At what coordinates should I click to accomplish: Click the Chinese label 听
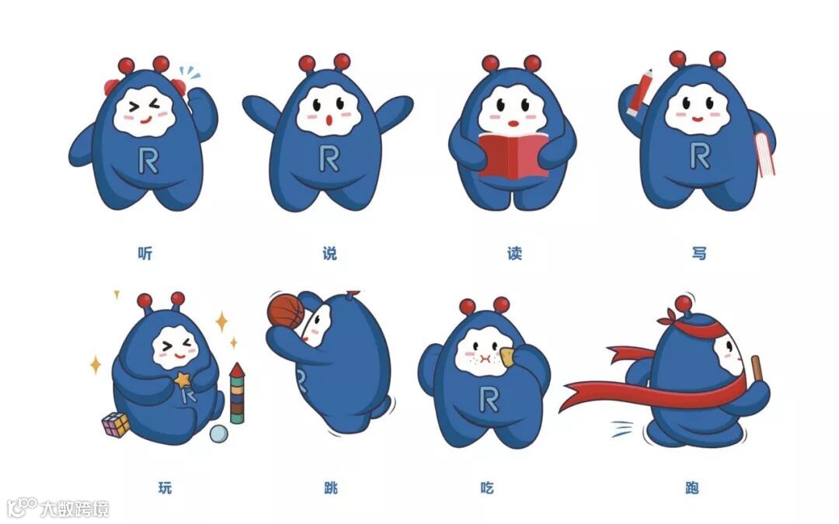tap(145, 253)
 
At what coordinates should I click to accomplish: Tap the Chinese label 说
tap(329, 253)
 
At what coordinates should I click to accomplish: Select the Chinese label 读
tap(515, 253)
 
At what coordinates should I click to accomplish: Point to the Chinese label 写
tap(699, 253)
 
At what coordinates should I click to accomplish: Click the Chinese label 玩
tap(165, 488)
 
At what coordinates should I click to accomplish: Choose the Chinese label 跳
tap(331, 488)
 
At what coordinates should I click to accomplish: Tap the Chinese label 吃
tap(487, 488)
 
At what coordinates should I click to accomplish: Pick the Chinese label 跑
tap(692, 488)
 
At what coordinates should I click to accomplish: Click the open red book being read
tap(513, 155)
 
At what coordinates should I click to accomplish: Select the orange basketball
tap(285, 310)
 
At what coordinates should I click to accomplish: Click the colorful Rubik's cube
tap(116, 424)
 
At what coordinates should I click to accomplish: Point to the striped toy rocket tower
tap(237, 393)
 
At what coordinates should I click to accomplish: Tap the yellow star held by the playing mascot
tap(183, 380)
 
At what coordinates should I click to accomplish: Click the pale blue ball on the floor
tap(219, 434)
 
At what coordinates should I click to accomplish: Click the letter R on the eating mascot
tap(489, 400)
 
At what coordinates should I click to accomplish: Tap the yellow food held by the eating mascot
tap(507, 356)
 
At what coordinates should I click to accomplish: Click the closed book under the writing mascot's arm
tap(765, 154)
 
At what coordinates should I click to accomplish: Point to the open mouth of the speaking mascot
tap(329, 120)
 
